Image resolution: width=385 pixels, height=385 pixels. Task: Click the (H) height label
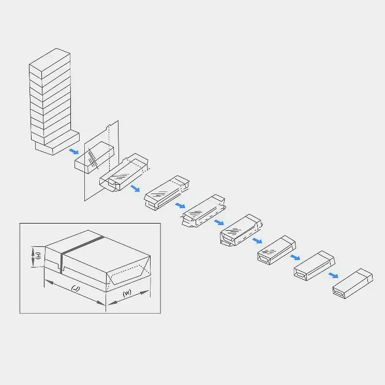point(38,256)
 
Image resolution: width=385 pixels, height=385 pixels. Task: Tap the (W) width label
point(127,293)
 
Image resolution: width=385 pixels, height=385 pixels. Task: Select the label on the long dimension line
point(76,288)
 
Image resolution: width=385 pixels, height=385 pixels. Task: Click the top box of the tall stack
point(50,63)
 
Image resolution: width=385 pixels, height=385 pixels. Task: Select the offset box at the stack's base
point(57,144)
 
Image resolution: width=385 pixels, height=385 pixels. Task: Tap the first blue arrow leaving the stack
point(73,151)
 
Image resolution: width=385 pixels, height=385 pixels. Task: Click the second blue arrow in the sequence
point(135,188)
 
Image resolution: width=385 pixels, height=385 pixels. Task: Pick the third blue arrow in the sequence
point(180,205)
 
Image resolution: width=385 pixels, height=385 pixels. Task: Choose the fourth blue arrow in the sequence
point(219,223)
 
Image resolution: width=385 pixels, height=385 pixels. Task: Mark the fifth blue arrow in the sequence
point(257,241)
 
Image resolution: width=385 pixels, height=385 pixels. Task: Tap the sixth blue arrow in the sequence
point(295,257)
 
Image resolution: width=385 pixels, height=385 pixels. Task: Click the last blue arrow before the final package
point(333,275)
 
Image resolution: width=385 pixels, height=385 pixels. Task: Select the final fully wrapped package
point(352,284)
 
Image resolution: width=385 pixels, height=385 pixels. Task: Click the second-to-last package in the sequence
point(314,265)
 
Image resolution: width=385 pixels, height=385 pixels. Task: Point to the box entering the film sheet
point(94,157)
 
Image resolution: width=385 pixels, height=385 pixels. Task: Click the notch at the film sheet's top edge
point(108,128)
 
